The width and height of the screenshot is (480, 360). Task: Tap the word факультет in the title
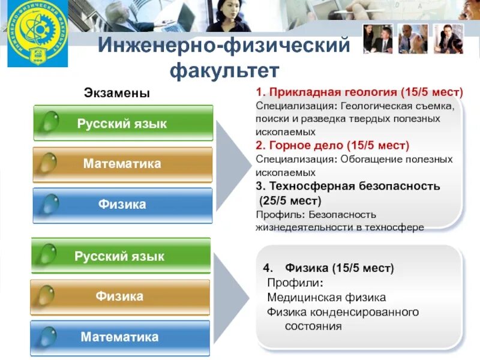tap(224, 71)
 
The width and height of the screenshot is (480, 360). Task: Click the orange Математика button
tap(122, 164)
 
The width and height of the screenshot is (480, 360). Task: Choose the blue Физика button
tap(122, 205)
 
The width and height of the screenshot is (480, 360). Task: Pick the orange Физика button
tap(120, 296)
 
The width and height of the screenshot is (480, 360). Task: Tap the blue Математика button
tap(120, 337)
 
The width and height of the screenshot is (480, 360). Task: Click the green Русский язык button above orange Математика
tap(122, 124)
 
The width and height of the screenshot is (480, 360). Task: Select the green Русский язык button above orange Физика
tap(120, 256)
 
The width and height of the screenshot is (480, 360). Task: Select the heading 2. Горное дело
tap(332, 145)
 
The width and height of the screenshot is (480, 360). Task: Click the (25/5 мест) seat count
tap(290, 200)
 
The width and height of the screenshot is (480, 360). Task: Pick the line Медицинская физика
tap(326, 298)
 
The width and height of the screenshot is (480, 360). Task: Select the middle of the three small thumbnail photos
tap(413, 38)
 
